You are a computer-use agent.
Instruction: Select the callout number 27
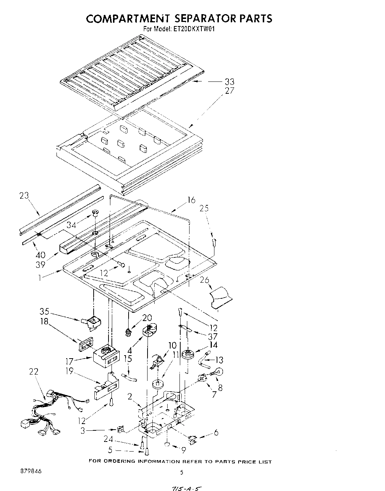229,90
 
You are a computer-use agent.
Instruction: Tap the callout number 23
25,196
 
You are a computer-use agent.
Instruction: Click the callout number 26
204,280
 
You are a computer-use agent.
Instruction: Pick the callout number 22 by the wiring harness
33,372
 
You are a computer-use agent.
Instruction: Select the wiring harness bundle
48,413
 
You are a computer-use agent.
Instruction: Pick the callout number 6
216,432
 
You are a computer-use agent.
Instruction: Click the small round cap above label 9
167,444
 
